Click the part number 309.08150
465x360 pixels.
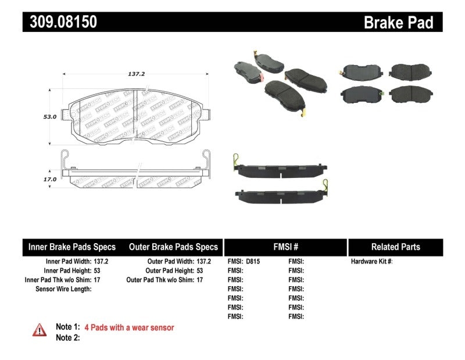(60, 22)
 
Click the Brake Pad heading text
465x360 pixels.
(398, 23)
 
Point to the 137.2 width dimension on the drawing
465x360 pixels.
(136, 74)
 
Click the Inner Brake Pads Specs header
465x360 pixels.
(72, 247)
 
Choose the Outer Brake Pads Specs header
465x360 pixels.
(173, 247)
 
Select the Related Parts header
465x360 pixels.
(395, 247)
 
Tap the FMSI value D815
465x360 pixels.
(253, 262)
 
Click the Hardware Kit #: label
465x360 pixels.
(372, 262)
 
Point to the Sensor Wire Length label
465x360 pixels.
(63, 288)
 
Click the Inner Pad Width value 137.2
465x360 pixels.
(101, 262)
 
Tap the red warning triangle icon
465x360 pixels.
(39, 329)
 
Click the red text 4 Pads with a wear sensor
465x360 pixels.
(129, 327)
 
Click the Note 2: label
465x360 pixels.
(67, 337)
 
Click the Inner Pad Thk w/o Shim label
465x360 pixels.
(58, 280)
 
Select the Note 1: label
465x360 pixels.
(67, 327)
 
